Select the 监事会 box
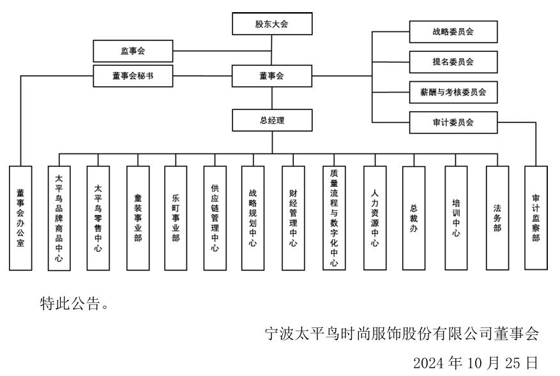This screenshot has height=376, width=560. (133, 51)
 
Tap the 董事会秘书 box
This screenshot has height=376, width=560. (133, 76)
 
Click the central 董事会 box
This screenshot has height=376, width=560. (272, 76)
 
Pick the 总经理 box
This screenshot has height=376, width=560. (272, 120)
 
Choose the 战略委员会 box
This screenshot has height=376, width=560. (453, 31)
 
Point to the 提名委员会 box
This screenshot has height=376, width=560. (453, 62)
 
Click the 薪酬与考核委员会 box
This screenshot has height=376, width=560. (453, 92)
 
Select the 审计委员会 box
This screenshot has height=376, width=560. (453, 122)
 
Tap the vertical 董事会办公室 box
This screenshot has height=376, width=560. (21, 218)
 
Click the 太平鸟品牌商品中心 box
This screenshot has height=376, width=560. (59, 218)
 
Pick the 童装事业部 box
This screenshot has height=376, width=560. (137, 218)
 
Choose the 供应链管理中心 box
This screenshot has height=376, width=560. (215, 218)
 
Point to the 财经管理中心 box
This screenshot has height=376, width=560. (293, 218)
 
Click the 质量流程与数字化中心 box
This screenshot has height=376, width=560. (333, 218)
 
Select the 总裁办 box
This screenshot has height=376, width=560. (414, 218)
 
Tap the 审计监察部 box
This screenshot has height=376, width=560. (536, 218)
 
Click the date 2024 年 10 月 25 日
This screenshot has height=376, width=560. (476, 363)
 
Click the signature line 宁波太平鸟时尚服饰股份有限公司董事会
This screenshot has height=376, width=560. (402, 334)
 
